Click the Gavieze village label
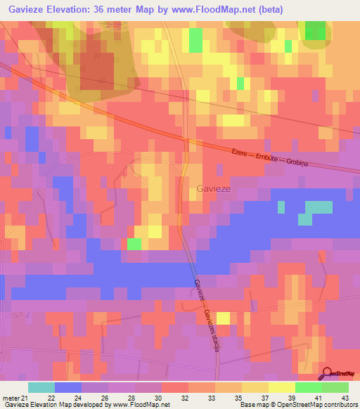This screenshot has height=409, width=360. [211, 188]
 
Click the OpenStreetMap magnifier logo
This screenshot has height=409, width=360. [328, 373]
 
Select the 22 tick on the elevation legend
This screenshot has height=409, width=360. [51, 397]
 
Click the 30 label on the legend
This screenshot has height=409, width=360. [158, 397]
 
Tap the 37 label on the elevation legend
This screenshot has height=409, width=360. [264, 397]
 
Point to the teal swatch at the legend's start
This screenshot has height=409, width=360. [41, 387]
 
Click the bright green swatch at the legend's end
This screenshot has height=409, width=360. [335, 387]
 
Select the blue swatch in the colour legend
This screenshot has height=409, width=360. [68, 387]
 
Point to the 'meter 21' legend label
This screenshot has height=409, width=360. [14, 397]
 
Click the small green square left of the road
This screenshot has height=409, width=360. [134, 244]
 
